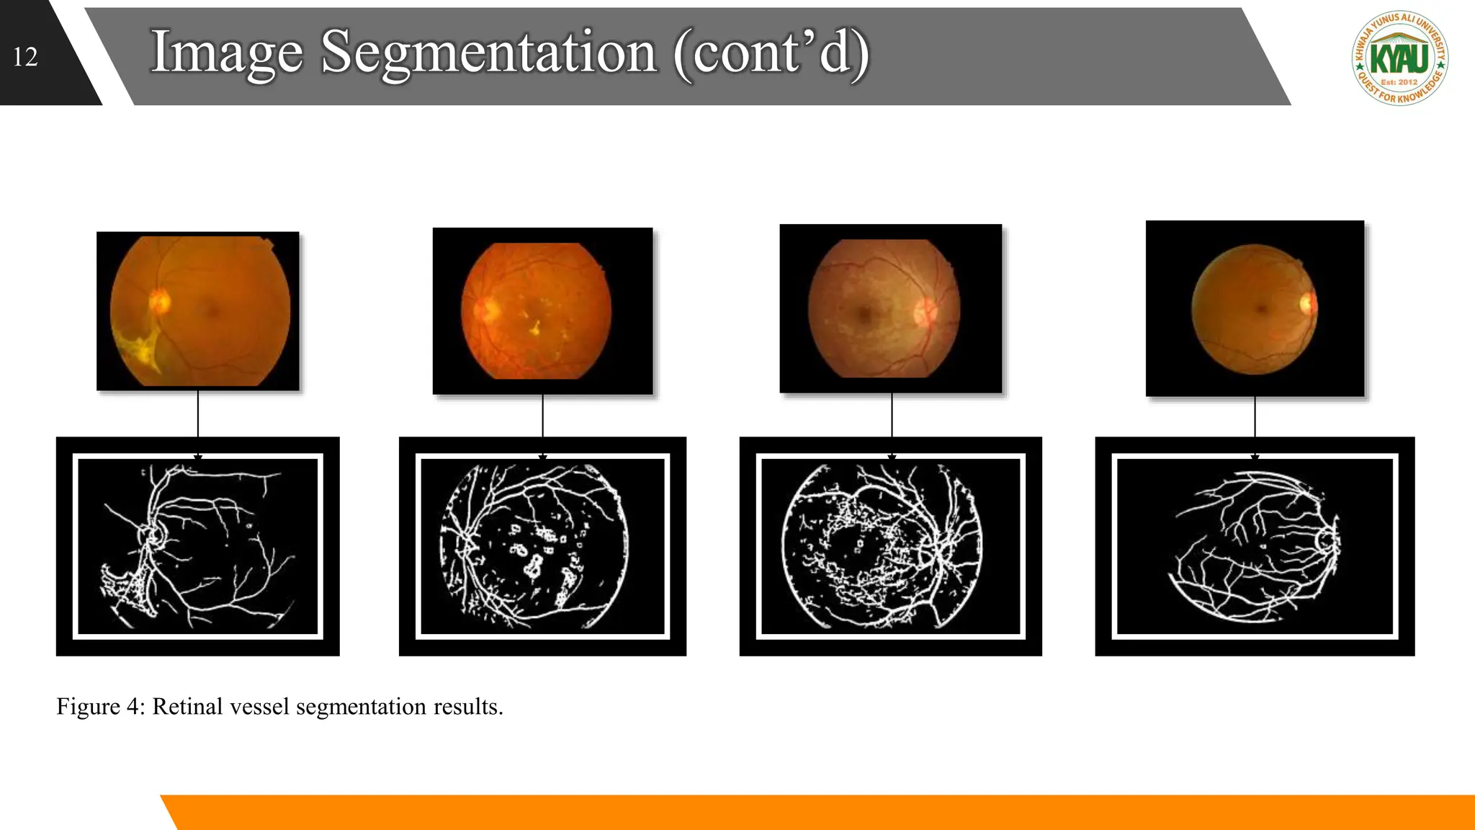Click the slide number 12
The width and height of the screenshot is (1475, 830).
coord(25,57)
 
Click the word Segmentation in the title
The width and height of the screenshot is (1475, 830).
coord(488,53)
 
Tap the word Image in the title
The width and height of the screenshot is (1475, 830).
coord(226,53)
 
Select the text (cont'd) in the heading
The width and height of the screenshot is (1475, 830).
coord(771,53)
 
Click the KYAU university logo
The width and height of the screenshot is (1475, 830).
coord(1399,58)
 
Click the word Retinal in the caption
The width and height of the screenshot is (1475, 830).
coord(187,707)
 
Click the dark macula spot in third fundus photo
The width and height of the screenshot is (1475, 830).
coord(865,313)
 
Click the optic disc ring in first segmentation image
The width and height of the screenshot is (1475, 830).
coord(155,535)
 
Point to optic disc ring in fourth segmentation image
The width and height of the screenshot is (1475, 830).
coord(1326,540)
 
